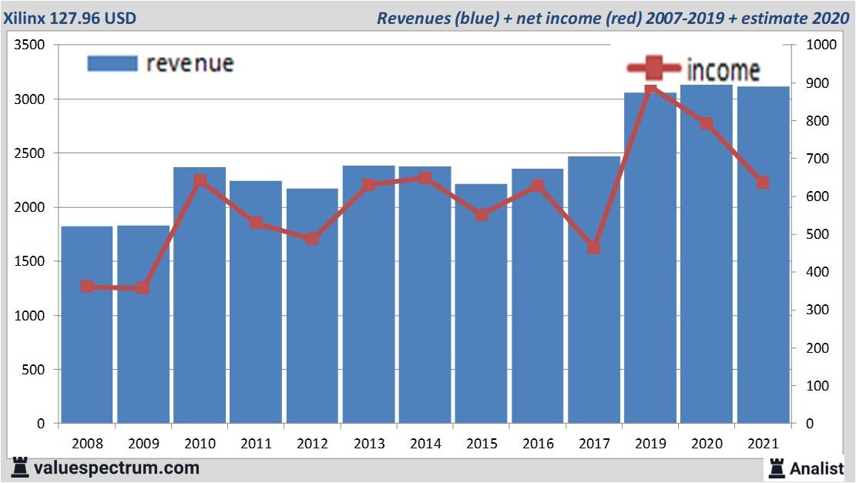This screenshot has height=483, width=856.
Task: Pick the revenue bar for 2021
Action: [x=763, y=308]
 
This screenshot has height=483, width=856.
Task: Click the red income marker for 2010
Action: [x=200, y=181]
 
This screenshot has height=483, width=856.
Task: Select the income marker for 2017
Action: [x=594, y=247]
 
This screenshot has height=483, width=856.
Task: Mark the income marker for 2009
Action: [x=143, y=288]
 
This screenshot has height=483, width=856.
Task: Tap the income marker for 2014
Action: [x=425, y=179]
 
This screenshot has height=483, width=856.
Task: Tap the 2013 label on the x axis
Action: [x=368, y=444]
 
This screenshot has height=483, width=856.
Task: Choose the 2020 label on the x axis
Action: [x=707, y=444]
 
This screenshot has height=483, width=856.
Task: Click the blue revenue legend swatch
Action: [x=112, y=63]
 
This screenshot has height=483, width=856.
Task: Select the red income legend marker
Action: [x=653, y=69]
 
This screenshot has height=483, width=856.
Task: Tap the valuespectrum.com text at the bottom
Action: [x=116, y=468]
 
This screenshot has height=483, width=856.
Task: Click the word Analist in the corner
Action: [x=817, y=468]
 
